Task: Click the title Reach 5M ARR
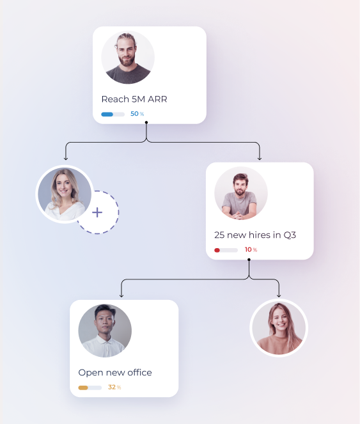[x=134, y=99]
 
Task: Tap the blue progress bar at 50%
[x=113, y=114]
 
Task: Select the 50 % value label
[x=137, y=114]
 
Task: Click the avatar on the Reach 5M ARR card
[x=128, y=58]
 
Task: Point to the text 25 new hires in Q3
[x=255, y=235]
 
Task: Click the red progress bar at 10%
[x=226, y=250]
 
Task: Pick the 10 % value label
[x=251, y=249]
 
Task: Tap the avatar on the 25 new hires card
[x=241, y=193]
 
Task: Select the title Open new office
[x=115, y=373]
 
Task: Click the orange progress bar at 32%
[x=90, y=388]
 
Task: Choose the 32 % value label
[x=114, y=387]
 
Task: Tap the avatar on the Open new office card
[x=105, y=331]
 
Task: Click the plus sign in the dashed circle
[x=97, y=212]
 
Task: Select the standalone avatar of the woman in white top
[x=65, y=194]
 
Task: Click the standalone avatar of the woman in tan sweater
[x=279, y=328]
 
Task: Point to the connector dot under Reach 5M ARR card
[x=146, y=123]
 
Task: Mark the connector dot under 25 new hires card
[x=249, y=260]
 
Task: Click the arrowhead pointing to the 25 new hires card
[x=260, y=158]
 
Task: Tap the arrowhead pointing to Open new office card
[x=121, y=295]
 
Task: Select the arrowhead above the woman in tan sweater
[x=279, y=295]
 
